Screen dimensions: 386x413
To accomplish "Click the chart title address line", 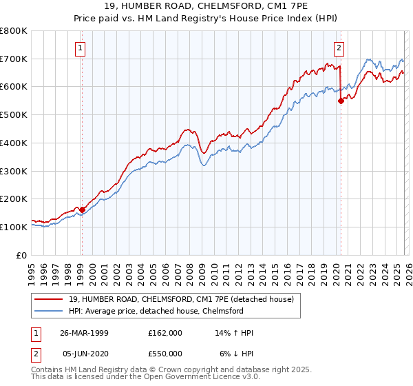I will pyautogui.click(x=206, y=8).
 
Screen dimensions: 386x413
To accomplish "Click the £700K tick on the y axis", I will pyautogui.click(x=13, y=59).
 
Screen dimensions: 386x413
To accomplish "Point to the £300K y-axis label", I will pyautogui.click(x=13, y=171).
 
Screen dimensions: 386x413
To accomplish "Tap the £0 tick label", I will pyautogui.click(x=22, y=255).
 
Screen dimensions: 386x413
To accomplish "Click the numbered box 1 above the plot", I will pyautogui.click(x=81, y=48).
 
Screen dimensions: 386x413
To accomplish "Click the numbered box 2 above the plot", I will pyautogui.click(x=340, y=48).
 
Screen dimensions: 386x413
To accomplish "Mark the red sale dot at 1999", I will pyautogui.click(x=82, y=210).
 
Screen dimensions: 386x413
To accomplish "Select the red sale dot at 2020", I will pyautogui.click(x=341, y=101).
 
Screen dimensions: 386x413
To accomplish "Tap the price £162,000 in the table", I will pyautogui.click(x=165, y=333).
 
